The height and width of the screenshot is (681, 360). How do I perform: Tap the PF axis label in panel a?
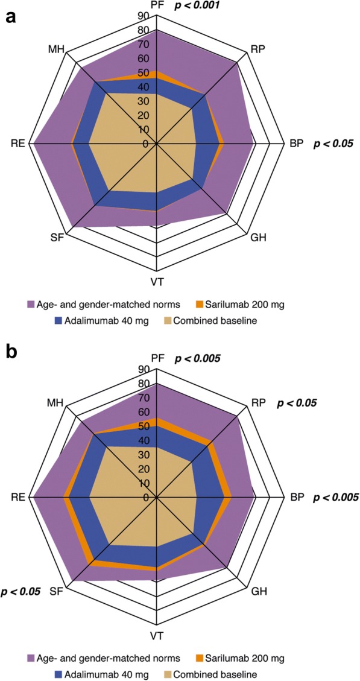157,5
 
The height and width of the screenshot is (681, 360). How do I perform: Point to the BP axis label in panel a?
296,144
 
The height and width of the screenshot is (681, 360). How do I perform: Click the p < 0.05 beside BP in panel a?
332,144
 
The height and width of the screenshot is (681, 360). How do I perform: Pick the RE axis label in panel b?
18,498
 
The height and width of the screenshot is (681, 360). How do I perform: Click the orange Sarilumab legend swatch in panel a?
197,303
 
